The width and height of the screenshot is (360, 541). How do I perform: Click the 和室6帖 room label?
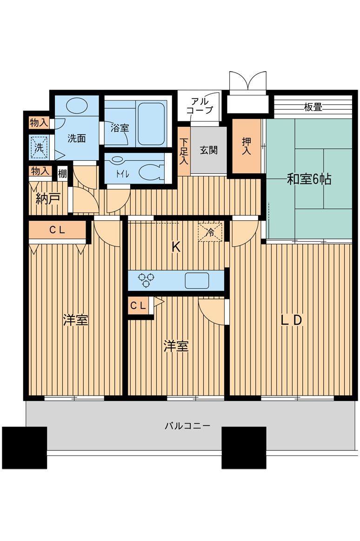pyautogui.click(x=309, y=179)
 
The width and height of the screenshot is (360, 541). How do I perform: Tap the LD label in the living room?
pyautogui.click(x=292, y=320)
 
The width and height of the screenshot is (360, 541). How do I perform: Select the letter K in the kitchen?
pyautogui.click(x=176, y=247)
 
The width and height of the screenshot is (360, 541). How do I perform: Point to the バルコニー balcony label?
pyautogui.click(x=187, y=426)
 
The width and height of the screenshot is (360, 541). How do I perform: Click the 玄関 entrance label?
pyautogui.click(x=208, y=150)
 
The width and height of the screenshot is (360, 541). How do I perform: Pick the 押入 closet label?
pyautogui.click(x=247, y=146)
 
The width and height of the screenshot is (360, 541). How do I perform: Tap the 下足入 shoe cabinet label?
pyautogui.click(x=184, y=151)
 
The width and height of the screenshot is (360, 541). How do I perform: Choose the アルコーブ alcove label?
pyautogui.click(x=200, y=106)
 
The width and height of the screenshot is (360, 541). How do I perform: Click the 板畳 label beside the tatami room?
pyautogui.click(x=313, y=107)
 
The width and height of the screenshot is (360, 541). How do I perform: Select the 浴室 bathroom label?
pyautogui.click(x=120, y=128)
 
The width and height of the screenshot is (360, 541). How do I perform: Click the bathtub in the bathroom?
pyautogui.click(x=151, y=124)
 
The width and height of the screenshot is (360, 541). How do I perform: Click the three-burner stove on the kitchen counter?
pyautogui.click(x=146, y=280)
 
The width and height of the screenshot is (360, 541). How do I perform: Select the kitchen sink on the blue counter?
pyautogui.click(x=197, y=281)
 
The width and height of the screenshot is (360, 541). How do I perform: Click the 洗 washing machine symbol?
pyautogui.click(x=39, y=148)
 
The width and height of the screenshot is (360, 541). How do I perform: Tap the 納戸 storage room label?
pyautogui.click(x=48, y=199)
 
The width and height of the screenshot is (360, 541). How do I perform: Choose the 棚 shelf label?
pyautogui.click(x=62, y=173)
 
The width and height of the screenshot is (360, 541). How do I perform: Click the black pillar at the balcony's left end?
pyautogui.click(x=25, y=448)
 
